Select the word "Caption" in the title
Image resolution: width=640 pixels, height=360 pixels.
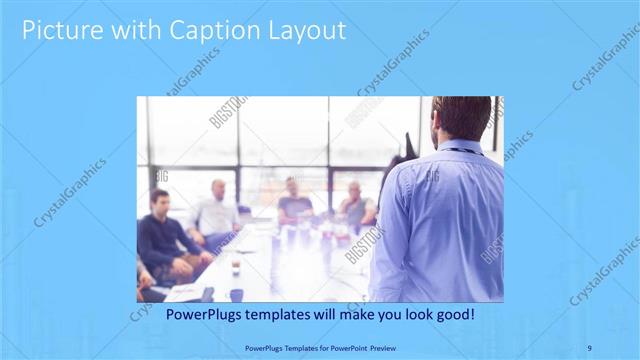(x=217, y=31)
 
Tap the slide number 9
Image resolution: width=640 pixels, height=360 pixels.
(x=590, y=348)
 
